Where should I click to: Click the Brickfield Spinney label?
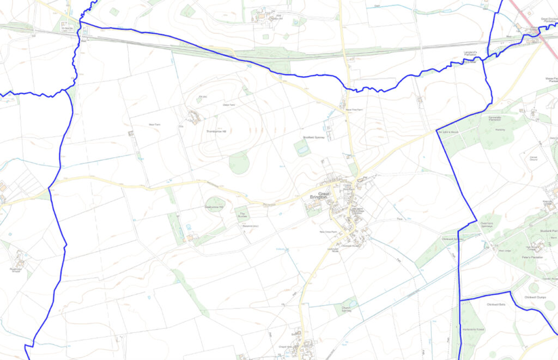pyautogui.click(x=313, y=138)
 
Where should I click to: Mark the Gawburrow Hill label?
pyautogui.click(x=214, y=207)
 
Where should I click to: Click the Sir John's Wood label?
pyautogui.click(x=446, y=132)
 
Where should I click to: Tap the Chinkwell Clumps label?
pyautogui.click(x=535, y=297)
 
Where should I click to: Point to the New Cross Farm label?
pyautogui.click(x=329, y=232)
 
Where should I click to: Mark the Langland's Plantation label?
pyautogui.click(x=470, y=53)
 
